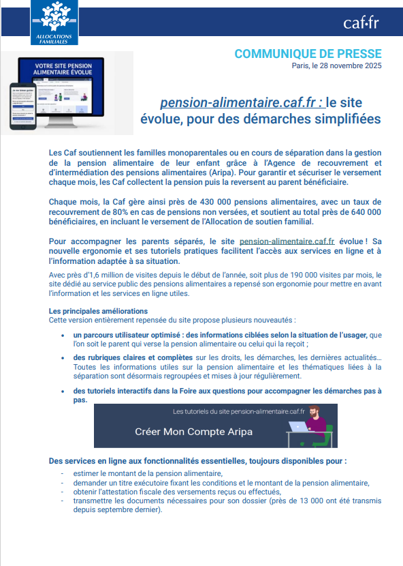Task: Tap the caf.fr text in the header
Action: click(361, 24)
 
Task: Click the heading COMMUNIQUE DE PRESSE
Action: click(308, 54)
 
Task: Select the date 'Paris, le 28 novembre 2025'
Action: click(336, 66)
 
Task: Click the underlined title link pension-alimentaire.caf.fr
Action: click(242, 103)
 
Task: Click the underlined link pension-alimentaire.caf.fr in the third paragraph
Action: click(287, 241)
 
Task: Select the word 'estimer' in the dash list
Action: click(86, 473)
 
